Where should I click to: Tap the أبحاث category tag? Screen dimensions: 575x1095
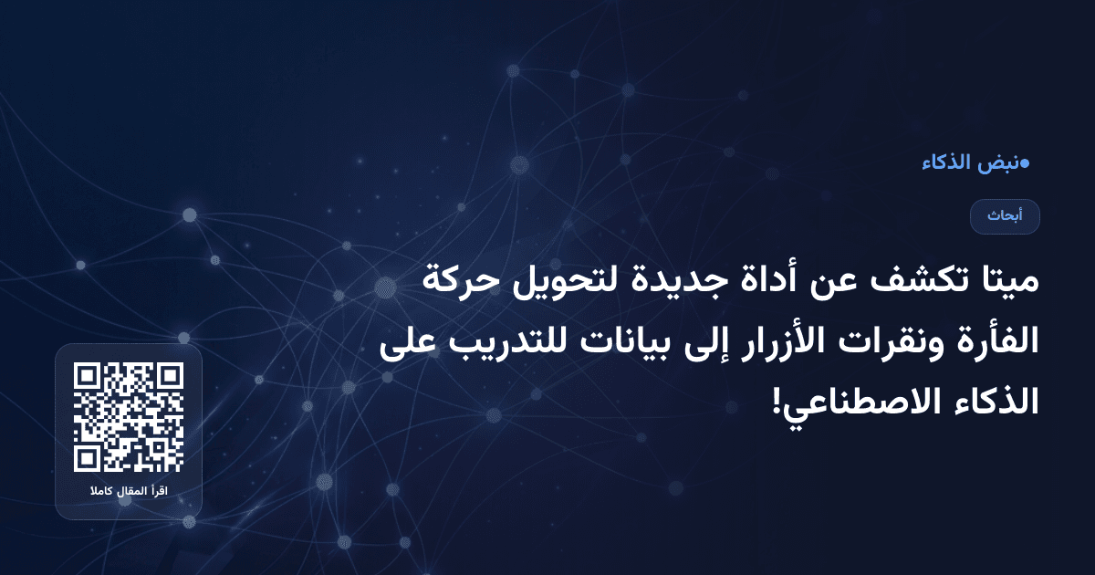pos(1005,216)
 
